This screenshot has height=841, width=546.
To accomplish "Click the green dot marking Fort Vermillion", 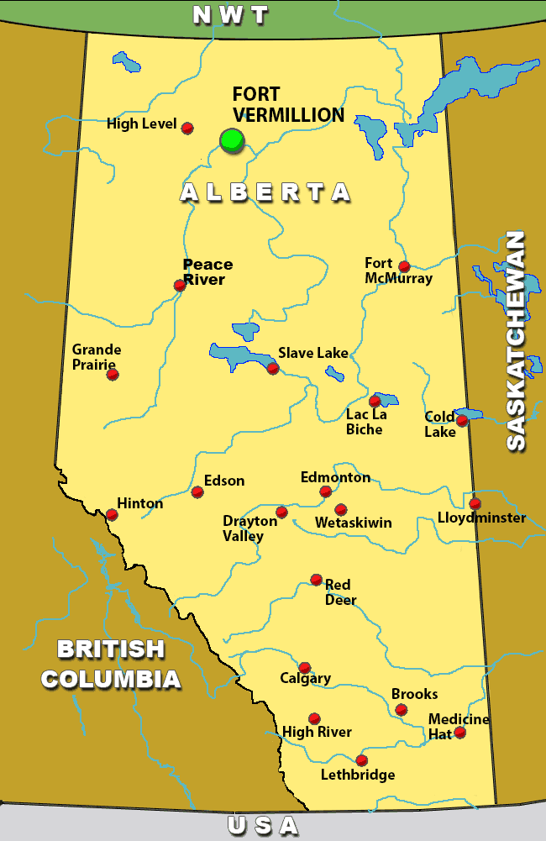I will [x=231, y=140].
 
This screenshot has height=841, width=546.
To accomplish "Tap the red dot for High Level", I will [x=187, y=128].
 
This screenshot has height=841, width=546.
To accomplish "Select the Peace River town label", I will [x=207, y=271].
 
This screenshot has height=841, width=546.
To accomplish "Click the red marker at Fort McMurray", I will [x=404, y=266].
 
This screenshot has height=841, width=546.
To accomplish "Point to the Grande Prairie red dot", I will [x=113, y=375].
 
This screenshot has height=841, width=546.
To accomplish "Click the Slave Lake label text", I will [x=312, y=353].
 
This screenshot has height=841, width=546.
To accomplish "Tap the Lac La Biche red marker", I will [x=375, y=401].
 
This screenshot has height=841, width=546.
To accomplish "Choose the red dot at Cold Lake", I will [x=461, y=420].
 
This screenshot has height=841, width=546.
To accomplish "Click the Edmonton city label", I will [x=335, y=477].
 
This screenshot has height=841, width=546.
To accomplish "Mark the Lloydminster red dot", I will [x=475, y=503].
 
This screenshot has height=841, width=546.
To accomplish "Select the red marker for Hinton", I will [x=112, y=514].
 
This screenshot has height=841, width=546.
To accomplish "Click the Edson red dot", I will [x=197, y=491].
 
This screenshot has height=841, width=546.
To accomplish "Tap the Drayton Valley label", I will [x=249, y=528].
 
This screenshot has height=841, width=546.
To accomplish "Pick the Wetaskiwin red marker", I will [x=340, y=509].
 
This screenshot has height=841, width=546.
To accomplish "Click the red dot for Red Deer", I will [x=316, y=579].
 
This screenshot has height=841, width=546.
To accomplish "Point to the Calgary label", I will [x=305, y=678].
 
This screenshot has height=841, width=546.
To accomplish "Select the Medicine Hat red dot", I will [x=459, y=732].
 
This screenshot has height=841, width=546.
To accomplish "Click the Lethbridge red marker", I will [x=361, y=760].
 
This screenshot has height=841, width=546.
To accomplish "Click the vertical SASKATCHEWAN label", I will [x=516, y=340].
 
